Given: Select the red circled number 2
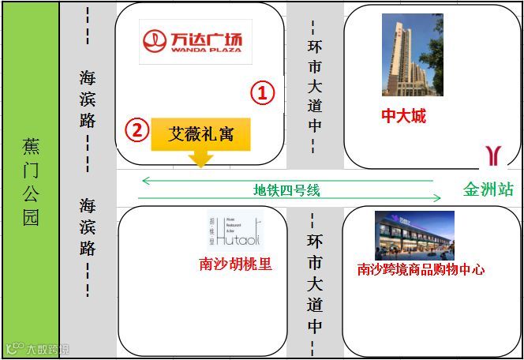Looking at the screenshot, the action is tap(137, 129).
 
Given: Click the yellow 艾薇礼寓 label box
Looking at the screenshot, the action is tap(201, 134).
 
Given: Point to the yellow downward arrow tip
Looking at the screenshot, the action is tap(201, 164).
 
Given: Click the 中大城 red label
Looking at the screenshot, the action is tap(403, 116).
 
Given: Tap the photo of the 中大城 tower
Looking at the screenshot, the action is tap(406, 54).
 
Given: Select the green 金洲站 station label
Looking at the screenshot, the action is tap(488, 189).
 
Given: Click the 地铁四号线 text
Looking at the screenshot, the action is tap(286, 189).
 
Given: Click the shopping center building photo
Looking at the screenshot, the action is tap(414, 235).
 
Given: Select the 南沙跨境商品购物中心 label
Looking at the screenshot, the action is tap(421, 270).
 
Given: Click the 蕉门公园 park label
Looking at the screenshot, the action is tap(31, 182).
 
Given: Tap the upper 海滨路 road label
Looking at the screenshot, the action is tap(88, 99).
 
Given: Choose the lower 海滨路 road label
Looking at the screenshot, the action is tap(88, 227).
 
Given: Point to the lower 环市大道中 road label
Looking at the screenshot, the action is tap(315, 282).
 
